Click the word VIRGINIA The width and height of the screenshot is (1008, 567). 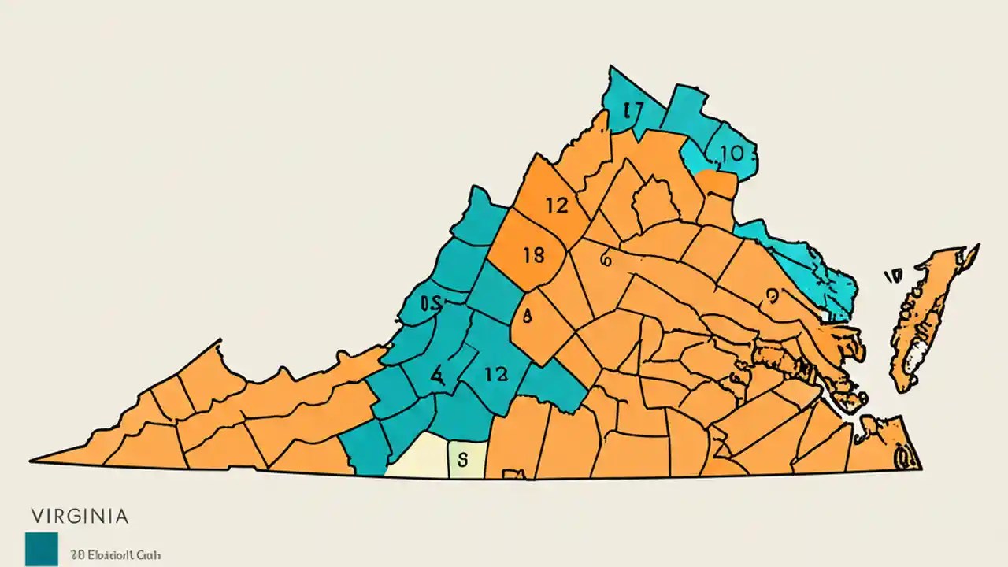pyautogui.click(x=80, y=517)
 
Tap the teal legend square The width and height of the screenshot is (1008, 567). pyautogui.click(x=41, y=549)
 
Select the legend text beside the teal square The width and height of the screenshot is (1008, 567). pyautogui.click(x=115, y=555)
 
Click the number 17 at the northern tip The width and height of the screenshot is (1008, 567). pyautogui.click(x=632, y=110)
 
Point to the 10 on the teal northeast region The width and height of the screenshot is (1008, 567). pyautogui.click(x=731, y=154)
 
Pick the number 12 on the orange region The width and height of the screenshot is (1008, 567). pyautogui.click(x=556, y=206)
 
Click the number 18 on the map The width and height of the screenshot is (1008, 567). pyautogui.click(x=533, y=255)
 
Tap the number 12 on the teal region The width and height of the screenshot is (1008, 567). pyautogui.click(x=496, y=374)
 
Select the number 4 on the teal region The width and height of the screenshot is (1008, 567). pyautogui.click(x=437, y=375)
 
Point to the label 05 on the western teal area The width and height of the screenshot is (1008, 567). pyautogui.click(x=432, y=302)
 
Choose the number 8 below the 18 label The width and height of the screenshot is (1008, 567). pyautogui.click(x=528, y=315)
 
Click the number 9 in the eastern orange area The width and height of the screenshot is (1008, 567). pyautogui.click(x=772, y=295)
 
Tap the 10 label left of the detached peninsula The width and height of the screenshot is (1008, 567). pyautogui.click(x=892, y=276)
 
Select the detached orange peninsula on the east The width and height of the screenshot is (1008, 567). pyautogui.click(x=929, y=315)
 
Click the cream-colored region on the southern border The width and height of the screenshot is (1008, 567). pyautogui.click(x=417, y=457)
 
